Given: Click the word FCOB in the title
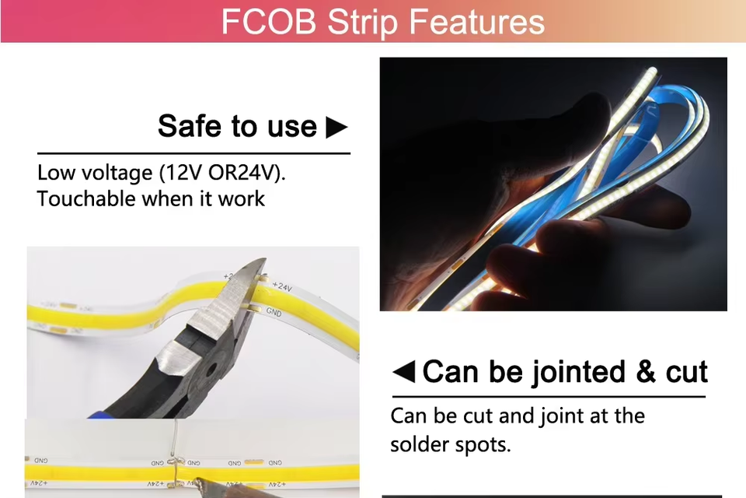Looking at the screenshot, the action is pyautogui.click(x=268, y=22).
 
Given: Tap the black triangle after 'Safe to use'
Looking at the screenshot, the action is pyautogui.click(x=336, y=128).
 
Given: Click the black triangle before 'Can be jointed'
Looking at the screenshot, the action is pyautogui.click(x=404, y=372).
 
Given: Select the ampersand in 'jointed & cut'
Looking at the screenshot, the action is pyautogui.click(x=646, y=371).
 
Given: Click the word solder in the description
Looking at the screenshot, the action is pyautogui.click(x=419, y=444).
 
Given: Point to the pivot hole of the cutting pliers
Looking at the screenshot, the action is pyautogui.click(x=211, y=368).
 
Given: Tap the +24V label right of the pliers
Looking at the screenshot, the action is pyautogui.click(x=282, y=286).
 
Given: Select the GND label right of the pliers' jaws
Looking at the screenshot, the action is pyautogui.click(x=274, y=312).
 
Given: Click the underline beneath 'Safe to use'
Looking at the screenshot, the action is pyautogui.click(x=193, y=153).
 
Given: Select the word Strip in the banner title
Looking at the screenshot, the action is pyautogui.click(x=362, y=23).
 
